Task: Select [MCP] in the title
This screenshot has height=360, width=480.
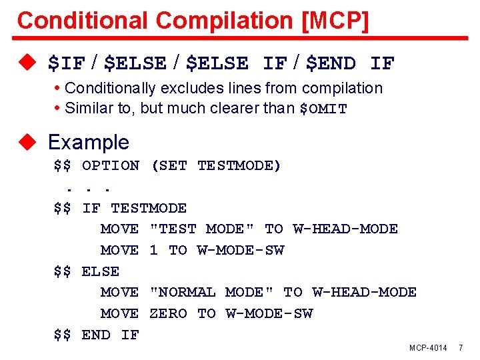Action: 335,20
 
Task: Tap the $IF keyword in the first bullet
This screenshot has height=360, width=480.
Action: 67,64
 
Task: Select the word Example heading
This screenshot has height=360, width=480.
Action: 89,142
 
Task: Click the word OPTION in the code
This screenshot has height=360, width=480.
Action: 111,165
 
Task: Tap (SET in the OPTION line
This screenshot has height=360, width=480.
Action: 169,165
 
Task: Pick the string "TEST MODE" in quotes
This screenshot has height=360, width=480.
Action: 201,229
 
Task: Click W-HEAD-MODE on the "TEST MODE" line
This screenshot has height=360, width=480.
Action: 345,229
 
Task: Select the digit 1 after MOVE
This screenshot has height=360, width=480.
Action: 153,250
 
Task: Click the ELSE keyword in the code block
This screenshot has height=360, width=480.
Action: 101,271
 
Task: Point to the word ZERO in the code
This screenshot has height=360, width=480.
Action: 168,313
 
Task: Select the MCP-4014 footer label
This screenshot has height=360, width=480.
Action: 428,348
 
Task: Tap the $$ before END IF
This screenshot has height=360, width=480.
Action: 63,335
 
